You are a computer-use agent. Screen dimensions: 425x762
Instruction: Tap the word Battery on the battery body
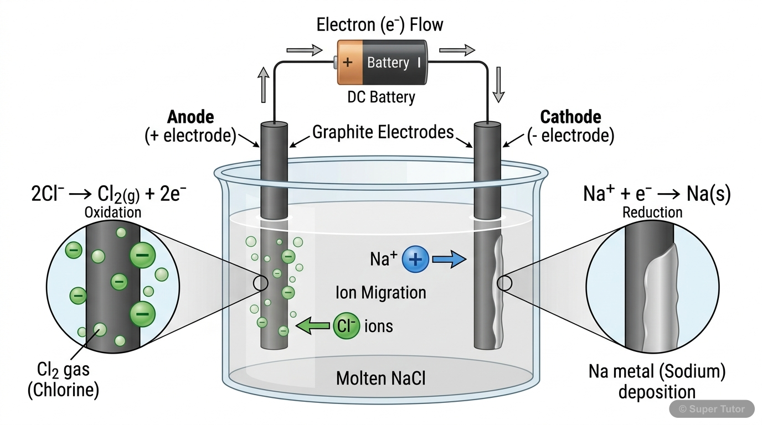[x=388, y=63]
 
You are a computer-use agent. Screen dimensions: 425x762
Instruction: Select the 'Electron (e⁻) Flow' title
[x=380, y=25]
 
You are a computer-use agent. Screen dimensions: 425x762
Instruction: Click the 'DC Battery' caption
[x=381, y=97]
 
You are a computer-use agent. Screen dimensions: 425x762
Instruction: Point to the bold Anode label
[x=190, y=117]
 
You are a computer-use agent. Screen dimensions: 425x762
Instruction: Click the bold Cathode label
[x=570, y=117]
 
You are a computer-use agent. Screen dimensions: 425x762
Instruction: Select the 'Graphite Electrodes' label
[x=383, y=132]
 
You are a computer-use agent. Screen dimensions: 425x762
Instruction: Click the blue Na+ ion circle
[x=415, y=260]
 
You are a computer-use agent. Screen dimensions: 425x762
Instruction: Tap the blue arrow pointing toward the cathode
[x=449, y=259]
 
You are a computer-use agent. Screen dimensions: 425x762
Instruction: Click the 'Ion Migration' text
[x=381, y=292]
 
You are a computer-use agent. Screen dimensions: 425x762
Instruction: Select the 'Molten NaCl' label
[x=380, y=379]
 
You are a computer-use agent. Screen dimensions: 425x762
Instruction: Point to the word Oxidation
[x=112, y=212]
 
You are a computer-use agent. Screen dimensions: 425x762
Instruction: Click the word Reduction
[x=652, y=212]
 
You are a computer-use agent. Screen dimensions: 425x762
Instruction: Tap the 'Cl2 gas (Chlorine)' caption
[x=64, y=381]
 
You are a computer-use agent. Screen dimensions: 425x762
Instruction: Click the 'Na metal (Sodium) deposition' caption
[x=657, y=382]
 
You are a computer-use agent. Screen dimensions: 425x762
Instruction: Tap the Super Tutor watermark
[x=712, y=409]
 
